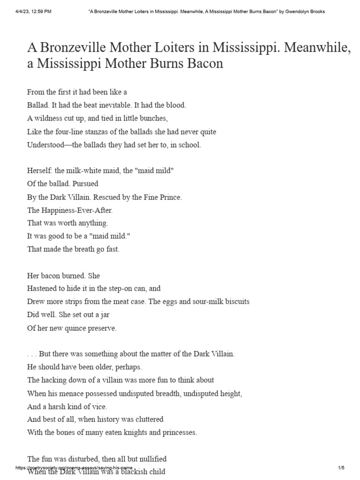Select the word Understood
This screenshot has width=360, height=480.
click(x=46, y=144)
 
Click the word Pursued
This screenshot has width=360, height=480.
click(x=84, y=184)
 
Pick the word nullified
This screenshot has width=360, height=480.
click(x=151, y=458)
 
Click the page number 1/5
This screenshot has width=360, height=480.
click(x=341, y=468)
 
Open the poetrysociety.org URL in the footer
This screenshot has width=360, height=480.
click(x=75, y=468)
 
